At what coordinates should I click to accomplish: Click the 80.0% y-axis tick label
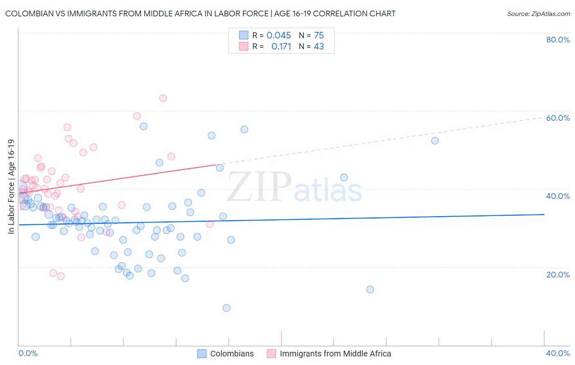pyautogui.click(x=558, y=40)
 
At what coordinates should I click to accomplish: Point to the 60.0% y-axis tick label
pyautogui.click(x=558, y=118)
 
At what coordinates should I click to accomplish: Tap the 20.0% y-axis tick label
pyautogui.click(x=558, y=274)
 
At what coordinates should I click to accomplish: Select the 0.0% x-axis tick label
pyautogui.click(x=28, y=353)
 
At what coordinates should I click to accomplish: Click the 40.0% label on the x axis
pyautogui.click(x=558, y=353)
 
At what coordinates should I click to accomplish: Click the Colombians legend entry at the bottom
pyautogui.click(x=231, y=354)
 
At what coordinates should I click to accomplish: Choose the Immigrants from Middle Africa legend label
pyautogui.click(x=335, y=354)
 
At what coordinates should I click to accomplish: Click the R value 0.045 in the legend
pyautogui.click(x=279, y=36)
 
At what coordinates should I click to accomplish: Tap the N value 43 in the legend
pyautogui.click(x=319, y=47)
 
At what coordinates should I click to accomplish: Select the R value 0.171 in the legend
pyautogui.click(x=281, y=47)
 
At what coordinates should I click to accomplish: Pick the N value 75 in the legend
pyautogui.click(x=319, y=36)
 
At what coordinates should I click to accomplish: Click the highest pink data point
pyautogui.click(x=163, y=98)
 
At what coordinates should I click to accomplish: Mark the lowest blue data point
pyautogui.click(x=226, y=308)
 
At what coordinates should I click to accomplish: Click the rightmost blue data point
pyautogui.click(x=435, y=141)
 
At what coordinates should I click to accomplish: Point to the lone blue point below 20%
pyautogui.click(x=370, y=289)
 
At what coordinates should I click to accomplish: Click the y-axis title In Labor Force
pyautogui.click(x=11, y=187)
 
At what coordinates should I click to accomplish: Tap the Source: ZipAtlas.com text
pyautogui.click(x=538, y=14)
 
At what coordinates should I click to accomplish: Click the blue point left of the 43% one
pyautogui.click(x=220, y=168)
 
